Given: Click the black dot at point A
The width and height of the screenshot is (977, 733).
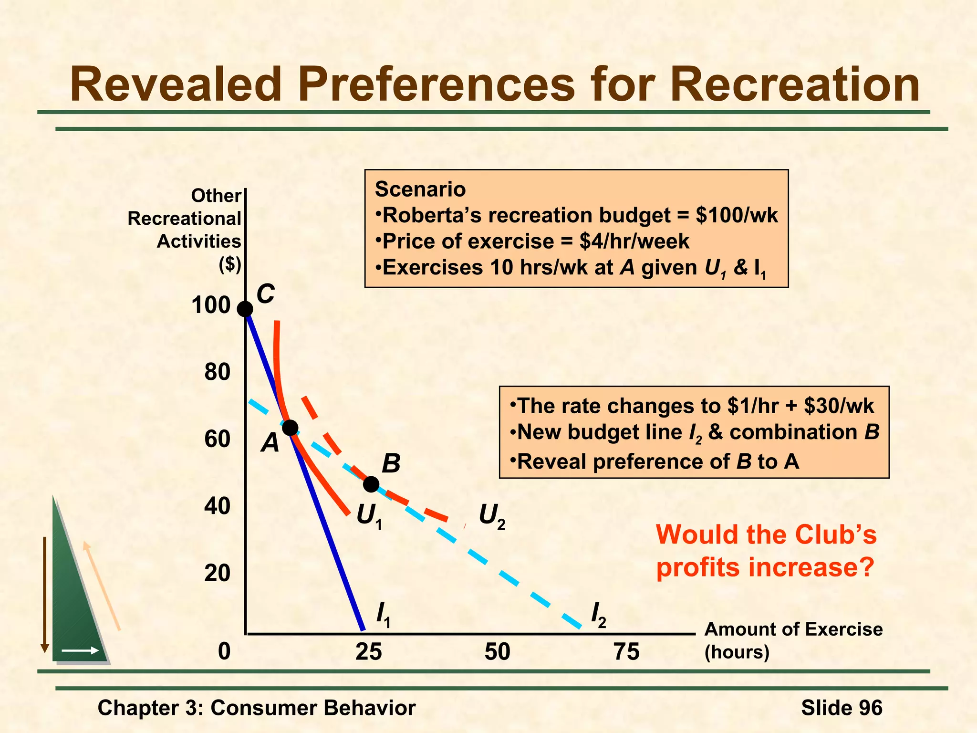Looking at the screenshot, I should click(x=290, y=428).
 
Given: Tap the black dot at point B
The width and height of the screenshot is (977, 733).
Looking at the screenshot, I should click(x=371, y=484).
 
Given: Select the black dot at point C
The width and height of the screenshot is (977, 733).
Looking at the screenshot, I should click(x=245, y=309).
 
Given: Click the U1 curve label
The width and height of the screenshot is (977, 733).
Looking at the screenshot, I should click(x=369, y=516).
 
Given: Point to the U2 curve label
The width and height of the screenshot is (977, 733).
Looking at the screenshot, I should click(x=492, y=516).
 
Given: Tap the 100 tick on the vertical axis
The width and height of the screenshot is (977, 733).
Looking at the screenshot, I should click(x=211, y=305).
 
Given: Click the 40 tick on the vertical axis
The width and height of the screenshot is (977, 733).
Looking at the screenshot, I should click(x=218, y=506).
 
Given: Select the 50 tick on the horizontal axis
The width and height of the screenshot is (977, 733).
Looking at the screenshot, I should click(x=497, y=652).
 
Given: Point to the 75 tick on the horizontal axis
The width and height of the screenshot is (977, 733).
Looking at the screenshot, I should click(x=626, y=652).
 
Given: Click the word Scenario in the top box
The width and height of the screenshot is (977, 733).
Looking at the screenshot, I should click(x=420, y=189).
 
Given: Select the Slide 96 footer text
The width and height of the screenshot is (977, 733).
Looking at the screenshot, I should click(x=842, y=708).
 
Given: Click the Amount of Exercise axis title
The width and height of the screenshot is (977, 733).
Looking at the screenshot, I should click(x=793, y=629).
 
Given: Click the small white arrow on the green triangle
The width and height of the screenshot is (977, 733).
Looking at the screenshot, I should click(x=80, y=650).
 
